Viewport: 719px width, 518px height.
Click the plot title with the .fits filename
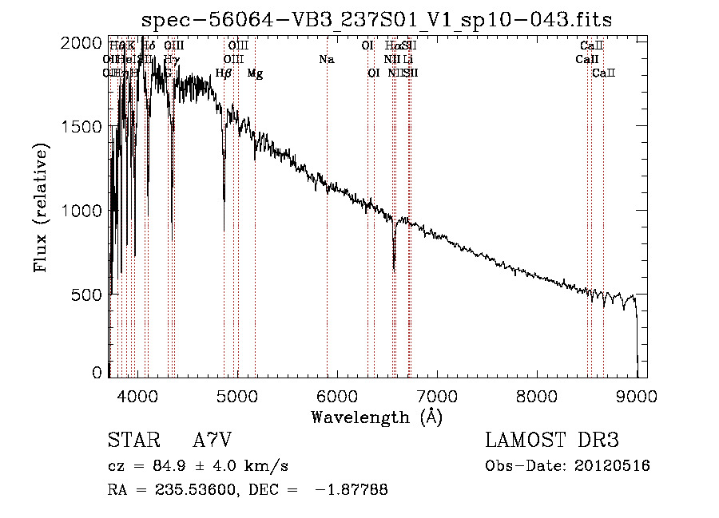pyautogui.click(x=375, y=21)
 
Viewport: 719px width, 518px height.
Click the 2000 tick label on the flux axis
pyautogui.click(x=83, y=42)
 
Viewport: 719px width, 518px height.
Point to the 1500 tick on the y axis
pyautogui.click(x=83, y=126)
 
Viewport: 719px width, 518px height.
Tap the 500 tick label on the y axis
pyautogui.click(x=88, y=294)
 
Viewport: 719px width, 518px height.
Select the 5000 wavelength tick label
pyautogui.click(x=236, y=395)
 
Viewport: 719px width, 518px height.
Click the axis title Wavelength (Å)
pyautogui.click(x=375, y=416)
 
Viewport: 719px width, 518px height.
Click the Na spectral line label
pyautogui.click(x=326, y=59)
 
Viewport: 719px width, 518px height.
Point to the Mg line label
pyautogui.click(x=255, y=73)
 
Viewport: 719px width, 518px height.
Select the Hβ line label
pyautogui.click(x=224, y=73)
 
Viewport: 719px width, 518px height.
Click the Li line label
pyautogui.click(x=407, y=59)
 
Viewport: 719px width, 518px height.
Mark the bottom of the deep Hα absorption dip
pyautogui.click(x=394, y=269)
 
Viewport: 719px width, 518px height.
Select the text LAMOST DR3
pyautogui.click(x=551, y=441)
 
